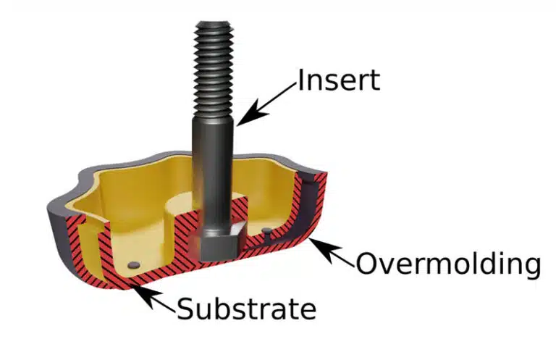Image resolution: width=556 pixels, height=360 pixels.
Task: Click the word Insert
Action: [339, 80]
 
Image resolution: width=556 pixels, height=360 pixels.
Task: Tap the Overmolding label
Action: [448, 264]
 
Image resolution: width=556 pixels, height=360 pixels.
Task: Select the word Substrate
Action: [246, 308]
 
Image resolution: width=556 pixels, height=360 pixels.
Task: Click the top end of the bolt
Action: [213, 24]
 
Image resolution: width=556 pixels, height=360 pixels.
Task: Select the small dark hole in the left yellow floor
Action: [134, 264]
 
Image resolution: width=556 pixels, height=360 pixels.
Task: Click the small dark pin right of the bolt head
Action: [267, 231]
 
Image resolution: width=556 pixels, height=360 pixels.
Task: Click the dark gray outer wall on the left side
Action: [58, 234]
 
